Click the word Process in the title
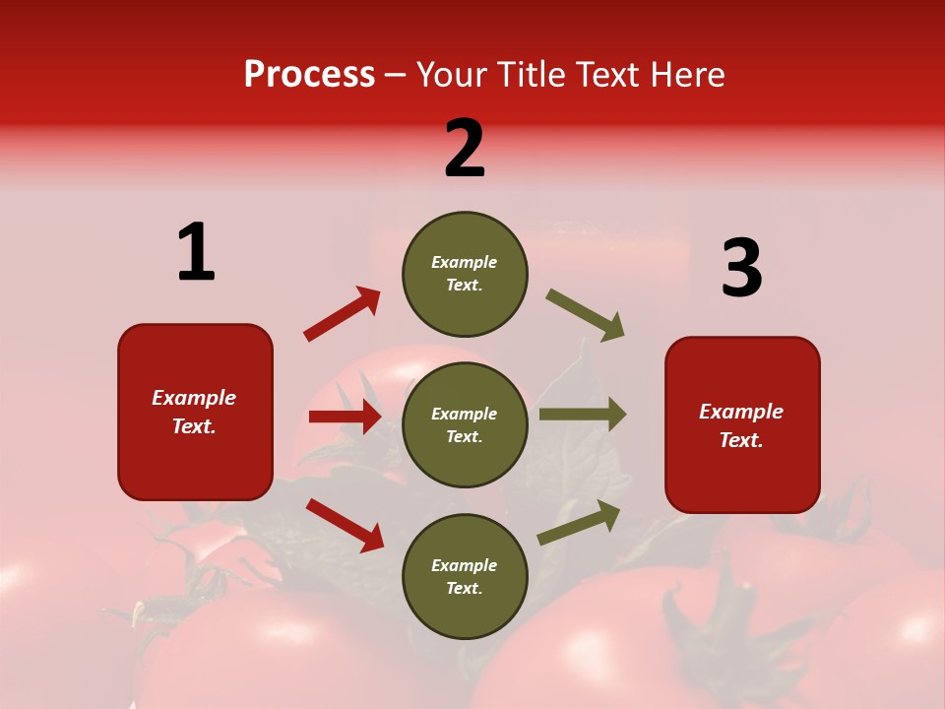[309, 75]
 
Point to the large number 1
[196, 252]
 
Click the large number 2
[465, 149]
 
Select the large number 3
[741, 268]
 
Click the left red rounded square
[195, 412]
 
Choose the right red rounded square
[742, 424]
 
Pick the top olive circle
[465, 274]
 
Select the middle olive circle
[465, 424]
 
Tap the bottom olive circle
[465, 576]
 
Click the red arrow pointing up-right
[343, 313]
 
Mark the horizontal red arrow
[345, 417]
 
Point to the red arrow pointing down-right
[345, 525]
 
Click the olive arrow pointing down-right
[586, 315]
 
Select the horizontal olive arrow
[582, 415]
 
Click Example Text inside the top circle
[465, 274]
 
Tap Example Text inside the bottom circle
[465, 577]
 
